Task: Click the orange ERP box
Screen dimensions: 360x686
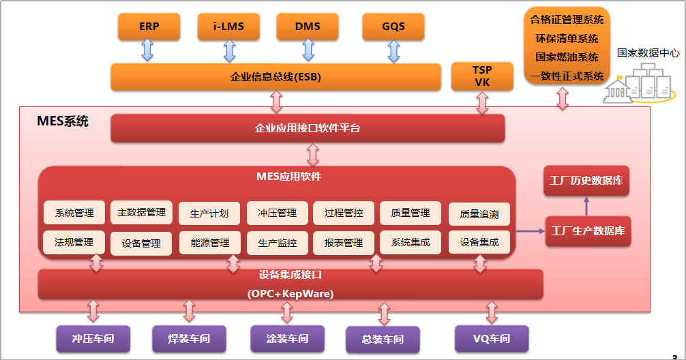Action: [148, 27]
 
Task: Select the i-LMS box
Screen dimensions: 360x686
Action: [228, 27]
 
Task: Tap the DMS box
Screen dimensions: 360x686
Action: [308, 27]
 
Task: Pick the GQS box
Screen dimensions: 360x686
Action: [393, 27]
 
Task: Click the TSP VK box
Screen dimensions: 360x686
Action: [482, 76]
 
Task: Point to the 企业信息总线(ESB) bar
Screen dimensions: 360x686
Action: [275, 77]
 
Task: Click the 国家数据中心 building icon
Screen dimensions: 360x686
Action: [641, 84]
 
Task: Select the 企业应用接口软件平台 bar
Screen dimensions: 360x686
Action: [308, 128]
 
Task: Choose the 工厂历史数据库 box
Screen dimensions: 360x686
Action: [586, 181]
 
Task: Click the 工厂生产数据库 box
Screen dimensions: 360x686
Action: [587, 231]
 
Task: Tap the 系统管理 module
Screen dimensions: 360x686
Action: [74, 213]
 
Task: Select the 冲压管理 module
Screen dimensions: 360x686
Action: [277, 213]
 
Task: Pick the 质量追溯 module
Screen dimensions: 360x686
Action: [479, 214]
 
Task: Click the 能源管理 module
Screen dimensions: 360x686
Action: [209, 243]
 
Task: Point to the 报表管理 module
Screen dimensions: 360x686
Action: [344, 243]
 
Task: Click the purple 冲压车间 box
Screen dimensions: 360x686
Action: [93, 338]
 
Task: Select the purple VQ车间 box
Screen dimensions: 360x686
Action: [491, 338]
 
